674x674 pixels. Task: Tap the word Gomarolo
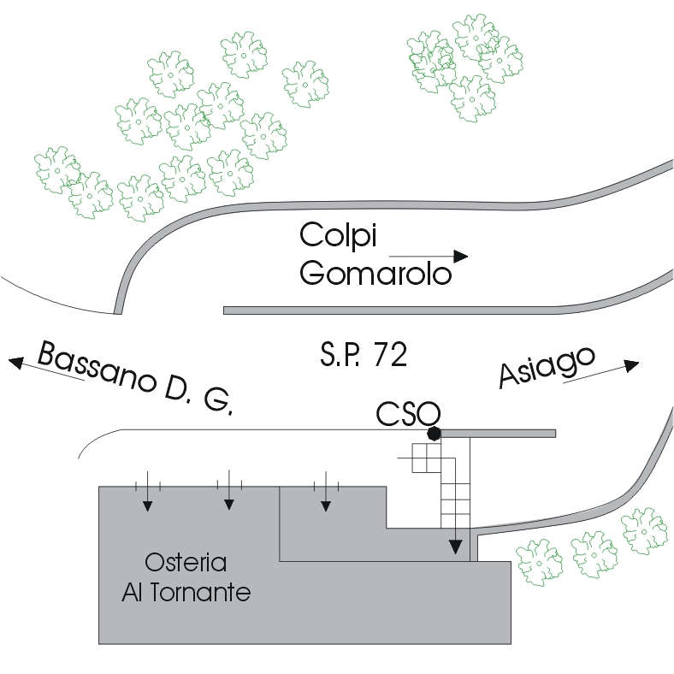[375, 273]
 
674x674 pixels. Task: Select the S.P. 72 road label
[364, 355]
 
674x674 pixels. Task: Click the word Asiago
[547, 368]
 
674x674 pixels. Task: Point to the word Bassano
[98, 367]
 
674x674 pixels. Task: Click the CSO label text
[408, 413]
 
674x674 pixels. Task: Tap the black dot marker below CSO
[435, 434]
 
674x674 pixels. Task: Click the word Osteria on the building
[186, 562]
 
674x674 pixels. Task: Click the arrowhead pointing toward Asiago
[631, 365]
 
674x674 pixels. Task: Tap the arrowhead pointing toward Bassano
[16, 363]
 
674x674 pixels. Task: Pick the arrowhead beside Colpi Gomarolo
[461, 257]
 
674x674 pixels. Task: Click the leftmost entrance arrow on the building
[147, 491]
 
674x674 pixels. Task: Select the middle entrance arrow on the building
[229, 490]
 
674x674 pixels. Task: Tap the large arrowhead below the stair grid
[456, 547]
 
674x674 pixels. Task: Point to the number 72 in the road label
[390, 355]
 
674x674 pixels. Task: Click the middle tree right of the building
[594, 554]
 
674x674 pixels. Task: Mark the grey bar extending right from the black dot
[499, 434]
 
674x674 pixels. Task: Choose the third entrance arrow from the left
[326, 491]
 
